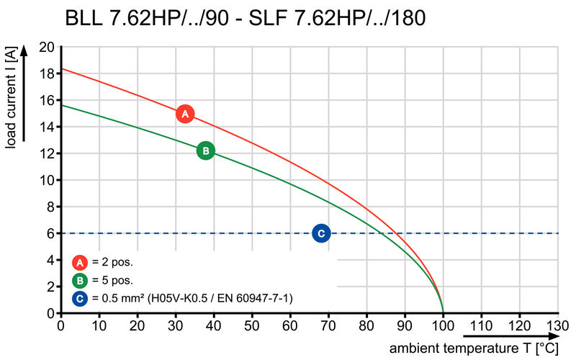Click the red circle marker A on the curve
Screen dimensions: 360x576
pyautogui.click(x=185, y=114)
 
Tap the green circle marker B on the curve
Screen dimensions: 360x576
pyautogui.click(x=205, y=150)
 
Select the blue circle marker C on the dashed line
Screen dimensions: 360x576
pyautogui.click(x=321, y=233)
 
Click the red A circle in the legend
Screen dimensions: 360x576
pyautogui.click(x=80, y=262)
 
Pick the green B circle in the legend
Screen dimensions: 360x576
pyautogui.click(x=80, y=280)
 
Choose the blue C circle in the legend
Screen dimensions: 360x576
pyautogui.click(x=80, y=297)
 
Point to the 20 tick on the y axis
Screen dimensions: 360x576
pyautogui.click(x=46, y=47)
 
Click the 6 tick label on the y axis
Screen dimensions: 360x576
pyautogui.click(x=50, y=233)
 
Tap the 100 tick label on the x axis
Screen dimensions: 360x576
pyautogui.click(x=442, y=326)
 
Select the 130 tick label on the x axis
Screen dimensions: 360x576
pyautogui.click(x=557, y=326)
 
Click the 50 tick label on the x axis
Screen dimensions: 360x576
pyautogui.click(x=252, y=326)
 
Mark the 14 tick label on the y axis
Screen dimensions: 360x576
pyautogui.click(x=46, y=127)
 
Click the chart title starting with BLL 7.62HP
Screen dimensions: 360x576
pyautogui.click(x=245, y=18)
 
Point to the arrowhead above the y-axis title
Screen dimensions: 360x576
pyautogui.click(x=24, y=51)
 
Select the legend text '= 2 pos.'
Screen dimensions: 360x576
pyautogui.click(x=112, y=262)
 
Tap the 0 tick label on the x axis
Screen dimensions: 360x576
pyautogui.click(x=60, y=326)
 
